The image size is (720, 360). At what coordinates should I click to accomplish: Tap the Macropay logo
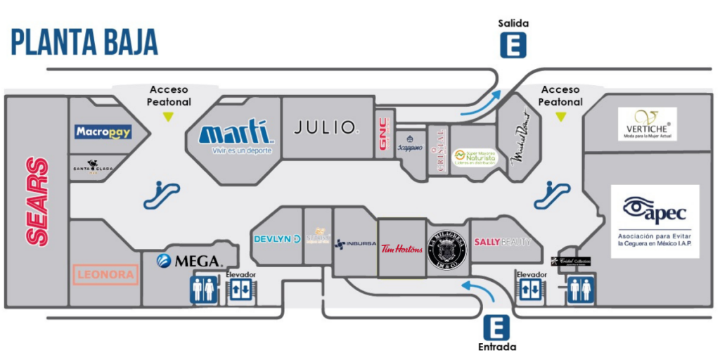pos(103,131)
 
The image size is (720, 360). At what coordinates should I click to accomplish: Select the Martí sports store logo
pos(236,134)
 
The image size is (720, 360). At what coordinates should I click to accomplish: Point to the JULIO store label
pos(326,127)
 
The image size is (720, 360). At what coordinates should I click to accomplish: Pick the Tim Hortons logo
pos(401,248)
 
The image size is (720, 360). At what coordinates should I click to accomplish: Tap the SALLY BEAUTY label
pos(501,242)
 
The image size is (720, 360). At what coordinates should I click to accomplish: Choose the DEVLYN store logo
pos(276,239)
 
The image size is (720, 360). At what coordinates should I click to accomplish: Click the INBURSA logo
pos(354,244)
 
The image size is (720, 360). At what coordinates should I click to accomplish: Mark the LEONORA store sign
pos(104,274)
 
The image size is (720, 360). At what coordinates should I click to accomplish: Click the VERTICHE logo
pos(647,124)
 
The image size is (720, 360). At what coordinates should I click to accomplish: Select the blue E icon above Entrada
pos(496,327)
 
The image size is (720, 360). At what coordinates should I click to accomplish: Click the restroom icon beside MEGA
pos(204,290)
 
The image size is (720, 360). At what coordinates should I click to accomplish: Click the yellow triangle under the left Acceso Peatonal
pos(168,117)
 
